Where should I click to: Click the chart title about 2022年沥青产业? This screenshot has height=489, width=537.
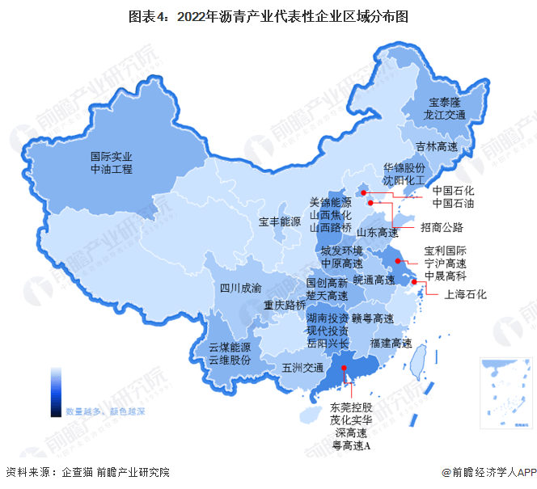pyautogui.click(x=268, y=14)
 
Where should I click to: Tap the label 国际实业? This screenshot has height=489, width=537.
pyautogui.click(x=111, y=156)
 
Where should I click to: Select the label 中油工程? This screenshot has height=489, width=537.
pyautogui.click(x=111, y=170)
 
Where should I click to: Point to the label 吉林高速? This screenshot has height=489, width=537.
pyautogui.click(x=437, y=147)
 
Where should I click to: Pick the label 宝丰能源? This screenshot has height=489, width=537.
pyautogui.click(x=280, y=221)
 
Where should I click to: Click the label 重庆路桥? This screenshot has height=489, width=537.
pyautogui.click(x=284, y=306)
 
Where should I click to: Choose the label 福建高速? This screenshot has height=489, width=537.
pyautogui.click(x=391, y=344)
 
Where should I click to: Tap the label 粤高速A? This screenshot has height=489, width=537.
pyautogui.click(x=350, y=446)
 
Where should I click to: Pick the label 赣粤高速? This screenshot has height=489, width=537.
pyautogui.click(x=373, y=318)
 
